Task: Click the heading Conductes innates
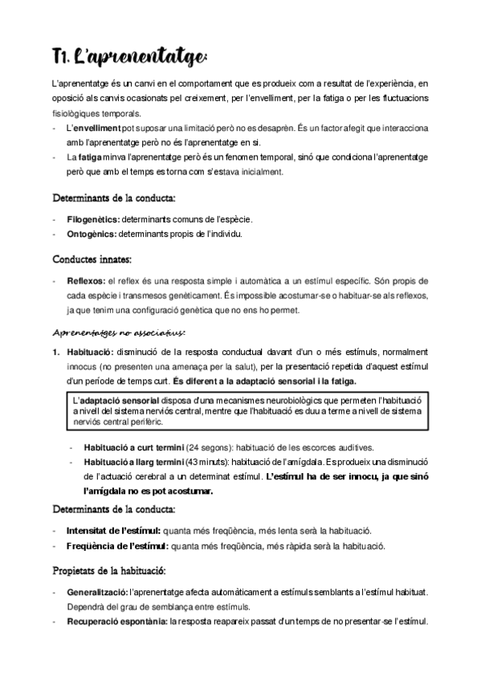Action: coord(92,259)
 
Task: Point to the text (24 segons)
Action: coord(211,447)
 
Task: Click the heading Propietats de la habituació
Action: coord(108,571)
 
